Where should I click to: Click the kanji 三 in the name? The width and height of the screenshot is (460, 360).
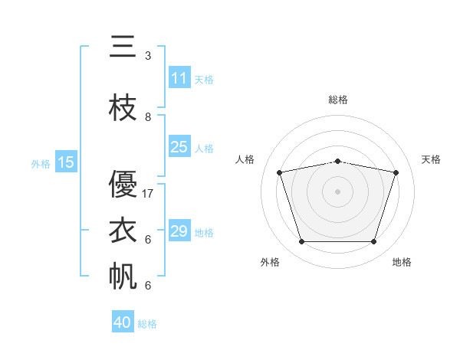click(x=123, y=46)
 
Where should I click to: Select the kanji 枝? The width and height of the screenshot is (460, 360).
click(x=123, y=107)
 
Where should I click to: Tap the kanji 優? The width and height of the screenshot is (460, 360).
click(x=123, y=184)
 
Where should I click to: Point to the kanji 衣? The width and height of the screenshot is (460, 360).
click(x=123, y=230)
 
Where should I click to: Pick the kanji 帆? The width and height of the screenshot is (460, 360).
click(x=123, y=276)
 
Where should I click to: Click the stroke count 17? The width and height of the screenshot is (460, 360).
click(x=147, y=194)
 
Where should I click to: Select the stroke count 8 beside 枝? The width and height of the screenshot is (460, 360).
click(x=148, y=117)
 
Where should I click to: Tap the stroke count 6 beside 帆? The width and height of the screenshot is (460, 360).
click(x=148, y=285)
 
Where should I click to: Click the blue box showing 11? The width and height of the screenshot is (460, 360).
click(x=179, y=77)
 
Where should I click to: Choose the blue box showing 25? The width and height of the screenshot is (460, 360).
click(x=179, y=146)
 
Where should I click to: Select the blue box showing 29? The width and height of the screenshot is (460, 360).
click(x=179, y=230)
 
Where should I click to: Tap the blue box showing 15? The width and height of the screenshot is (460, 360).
click(x=66, y=162)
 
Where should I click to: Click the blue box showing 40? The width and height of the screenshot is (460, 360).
click(x=123, y=321)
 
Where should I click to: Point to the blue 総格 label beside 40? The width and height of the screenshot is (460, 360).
click(x=147, y=324)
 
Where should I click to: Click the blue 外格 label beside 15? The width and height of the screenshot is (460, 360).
click(x=41, y=164)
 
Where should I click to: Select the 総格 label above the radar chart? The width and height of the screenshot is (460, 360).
click(x=338, y=100)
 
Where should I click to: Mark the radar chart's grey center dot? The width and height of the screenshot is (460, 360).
click(x=337, y=191)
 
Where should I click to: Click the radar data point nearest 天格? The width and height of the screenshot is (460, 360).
click(x=396, y=172)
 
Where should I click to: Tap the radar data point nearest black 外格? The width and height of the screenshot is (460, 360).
click(x=301, y=241)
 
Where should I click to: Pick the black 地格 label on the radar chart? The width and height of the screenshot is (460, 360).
click(x=402, y=262)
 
